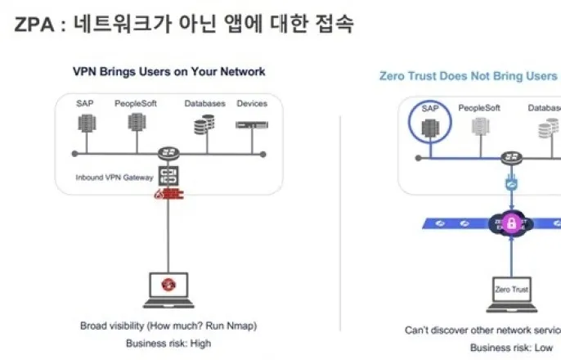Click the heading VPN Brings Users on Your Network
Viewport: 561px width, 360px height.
point(168,71)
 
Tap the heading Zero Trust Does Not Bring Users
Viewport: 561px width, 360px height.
point(469,75)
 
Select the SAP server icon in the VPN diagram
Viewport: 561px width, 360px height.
point(86,124)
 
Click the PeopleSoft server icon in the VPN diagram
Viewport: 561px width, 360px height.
point(136,124)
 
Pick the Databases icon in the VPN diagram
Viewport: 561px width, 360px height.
point(204,124)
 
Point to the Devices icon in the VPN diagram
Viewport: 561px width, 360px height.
point(251,124)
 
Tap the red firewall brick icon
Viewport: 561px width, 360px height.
point(169,194)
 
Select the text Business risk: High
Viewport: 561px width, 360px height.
point(168,344)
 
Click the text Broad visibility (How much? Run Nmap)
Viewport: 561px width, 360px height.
point(168,326)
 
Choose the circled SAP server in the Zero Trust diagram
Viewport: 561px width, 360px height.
point(430,126)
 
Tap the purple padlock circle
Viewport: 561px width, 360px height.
point(511,223)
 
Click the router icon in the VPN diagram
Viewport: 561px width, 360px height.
point(169,153)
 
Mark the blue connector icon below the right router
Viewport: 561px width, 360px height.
point(512,185)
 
